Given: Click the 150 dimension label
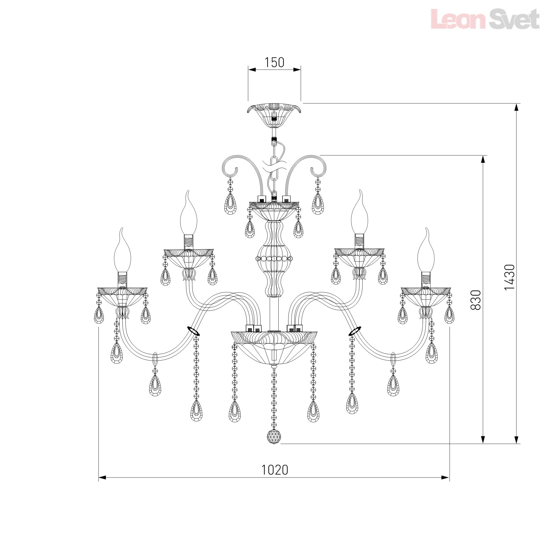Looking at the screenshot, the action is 274,62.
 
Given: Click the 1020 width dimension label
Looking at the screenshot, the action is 274,470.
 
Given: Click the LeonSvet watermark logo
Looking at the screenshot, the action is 485,19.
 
